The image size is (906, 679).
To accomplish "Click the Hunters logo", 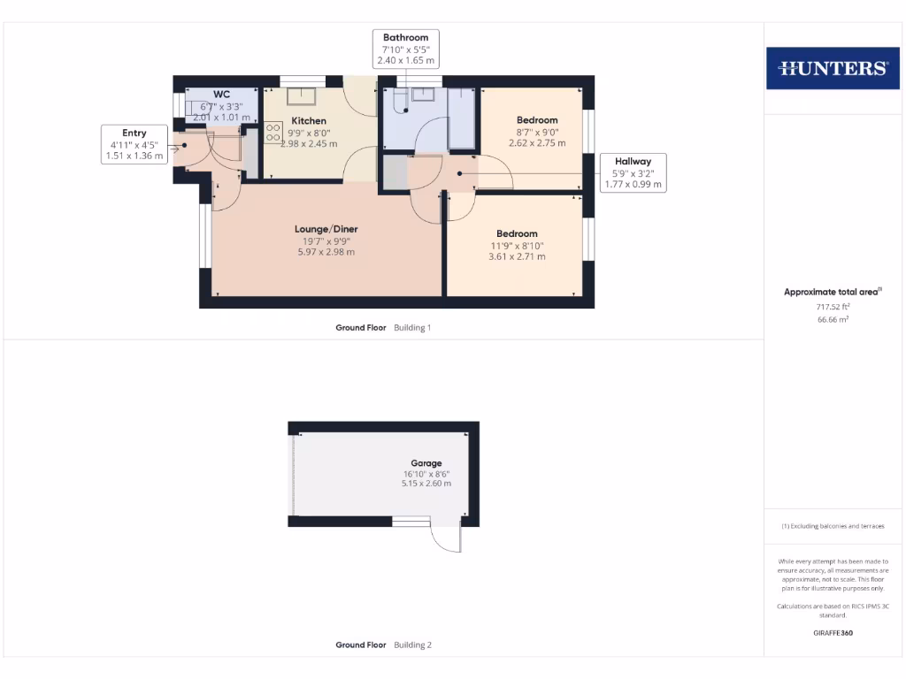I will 832,68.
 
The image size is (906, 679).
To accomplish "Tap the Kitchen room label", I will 309,121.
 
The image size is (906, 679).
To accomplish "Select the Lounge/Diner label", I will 326,229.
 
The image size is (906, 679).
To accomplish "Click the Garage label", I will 426,463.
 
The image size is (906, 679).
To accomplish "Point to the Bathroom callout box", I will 406,49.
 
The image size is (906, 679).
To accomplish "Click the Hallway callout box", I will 633,172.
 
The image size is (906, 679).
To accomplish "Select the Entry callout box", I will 134,145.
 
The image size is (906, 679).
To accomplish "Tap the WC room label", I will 221,95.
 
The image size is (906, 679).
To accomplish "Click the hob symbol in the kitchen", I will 273,132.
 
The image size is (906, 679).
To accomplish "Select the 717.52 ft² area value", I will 832,307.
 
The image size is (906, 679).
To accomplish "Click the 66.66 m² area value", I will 832,319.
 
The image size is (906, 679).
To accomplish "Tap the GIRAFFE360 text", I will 832,633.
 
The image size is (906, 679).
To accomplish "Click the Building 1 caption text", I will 412,327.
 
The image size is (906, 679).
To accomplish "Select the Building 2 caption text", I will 412,645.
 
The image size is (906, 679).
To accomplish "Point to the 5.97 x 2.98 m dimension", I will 326,252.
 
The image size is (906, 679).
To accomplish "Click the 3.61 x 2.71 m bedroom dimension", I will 517,256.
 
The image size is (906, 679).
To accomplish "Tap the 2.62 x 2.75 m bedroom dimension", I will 537,142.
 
